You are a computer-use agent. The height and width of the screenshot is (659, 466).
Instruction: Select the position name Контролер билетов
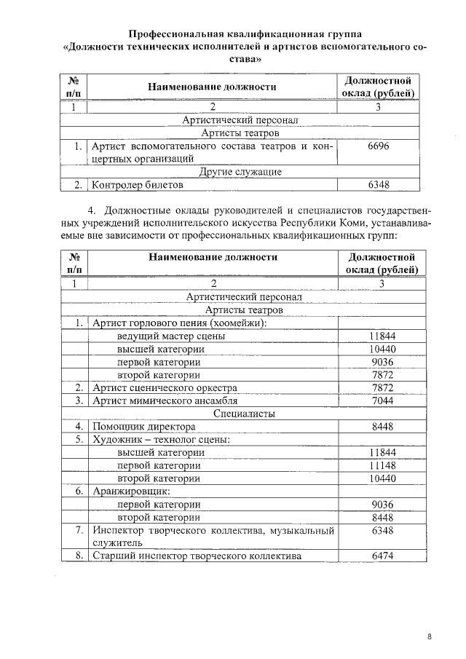(x=137, y=186)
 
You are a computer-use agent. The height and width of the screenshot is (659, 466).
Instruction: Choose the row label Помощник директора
(x=143, y=427)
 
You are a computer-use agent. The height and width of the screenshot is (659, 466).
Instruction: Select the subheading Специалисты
(x=244, y=414)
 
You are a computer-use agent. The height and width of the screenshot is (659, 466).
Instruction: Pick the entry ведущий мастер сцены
(x=170, y=336)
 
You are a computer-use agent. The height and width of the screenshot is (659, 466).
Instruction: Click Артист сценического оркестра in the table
(x=165, y=387)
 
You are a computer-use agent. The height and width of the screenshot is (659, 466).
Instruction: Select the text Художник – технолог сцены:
(x=161, y=440)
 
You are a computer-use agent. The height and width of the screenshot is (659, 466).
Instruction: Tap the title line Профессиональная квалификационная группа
(x=244, y=33)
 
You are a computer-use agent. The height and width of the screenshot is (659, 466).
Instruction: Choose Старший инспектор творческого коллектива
(x=196, y=556)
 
